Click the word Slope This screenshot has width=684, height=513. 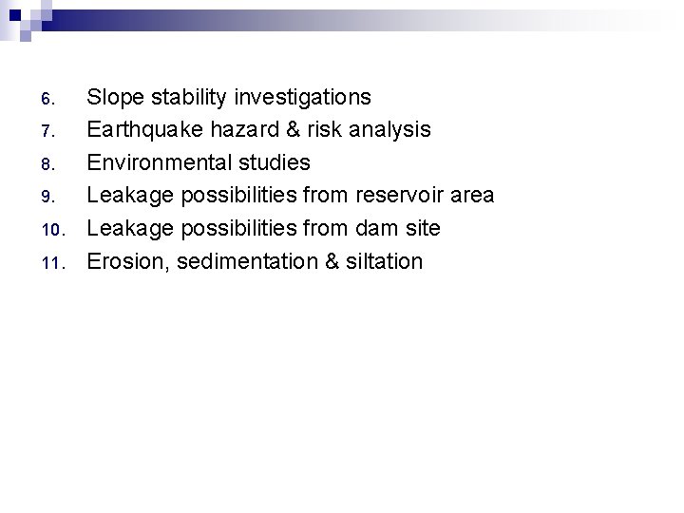(x=115, y=97)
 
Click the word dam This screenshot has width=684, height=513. (x=381, y=228)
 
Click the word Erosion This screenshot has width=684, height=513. (x=124, y=261)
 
